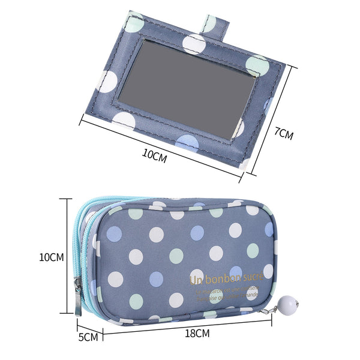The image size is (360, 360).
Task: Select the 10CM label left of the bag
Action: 51,257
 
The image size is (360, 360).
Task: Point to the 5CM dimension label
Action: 88,337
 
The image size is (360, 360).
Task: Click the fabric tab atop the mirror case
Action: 214,25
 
